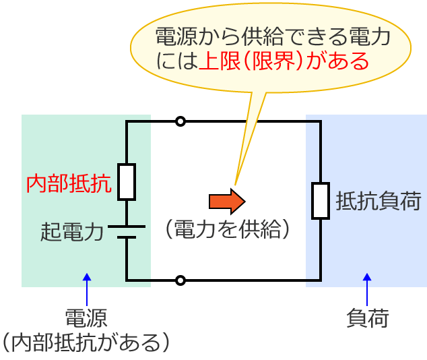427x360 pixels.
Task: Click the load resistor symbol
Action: pos(320,201)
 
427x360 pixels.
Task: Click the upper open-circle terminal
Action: pos(180,121)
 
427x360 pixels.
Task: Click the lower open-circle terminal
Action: pos(180,280)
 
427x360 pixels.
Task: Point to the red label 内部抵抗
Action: pos(68,184)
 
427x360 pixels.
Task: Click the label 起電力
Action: pos(72,233)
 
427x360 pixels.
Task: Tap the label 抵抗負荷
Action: pos(378,201)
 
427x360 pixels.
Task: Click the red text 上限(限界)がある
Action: pos(284,62)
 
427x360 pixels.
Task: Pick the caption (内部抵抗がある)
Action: pos(86,342)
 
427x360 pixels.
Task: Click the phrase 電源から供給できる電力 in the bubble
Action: pos(272,37)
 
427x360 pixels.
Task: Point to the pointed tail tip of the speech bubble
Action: pos(235,182)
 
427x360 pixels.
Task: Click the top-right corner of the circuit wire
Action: pos(320,122)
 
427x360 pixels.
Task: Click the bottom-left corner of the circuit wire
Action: pos(127,280)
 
